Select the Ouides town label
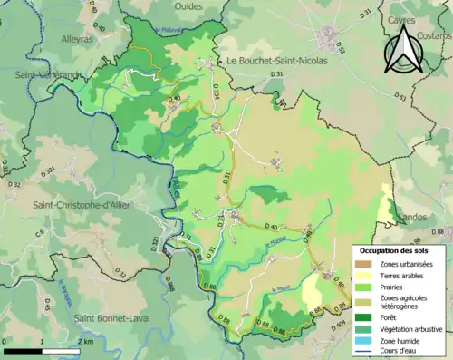(188, 5)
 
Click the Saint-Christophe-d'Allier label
(82, 205)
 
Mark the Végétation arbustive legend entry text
(411, 329)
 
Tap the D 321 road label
(49, 171)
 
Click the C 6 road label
(40, 235)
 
